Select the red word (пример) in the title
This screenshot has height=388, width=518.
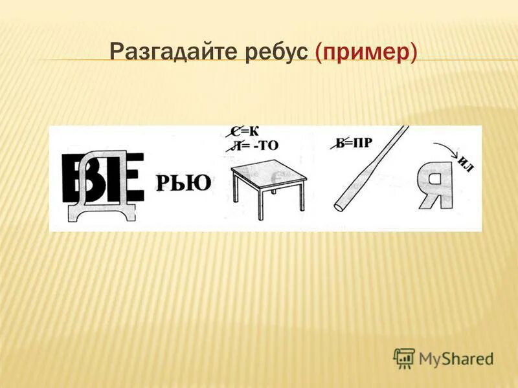[365, 52]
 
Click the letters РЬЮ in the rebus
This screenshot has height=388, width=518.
[183, 184]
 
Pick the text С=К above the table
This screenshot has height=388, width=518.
[249, 133]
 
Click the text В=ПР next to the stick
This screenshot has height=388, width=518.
[355, 143]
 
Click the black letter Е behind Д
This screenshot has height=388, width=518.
[132, 178]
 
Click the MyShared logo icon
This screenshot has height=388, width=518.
[403, 358]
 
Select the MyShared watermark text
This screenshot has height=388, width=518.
[456, 358]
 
